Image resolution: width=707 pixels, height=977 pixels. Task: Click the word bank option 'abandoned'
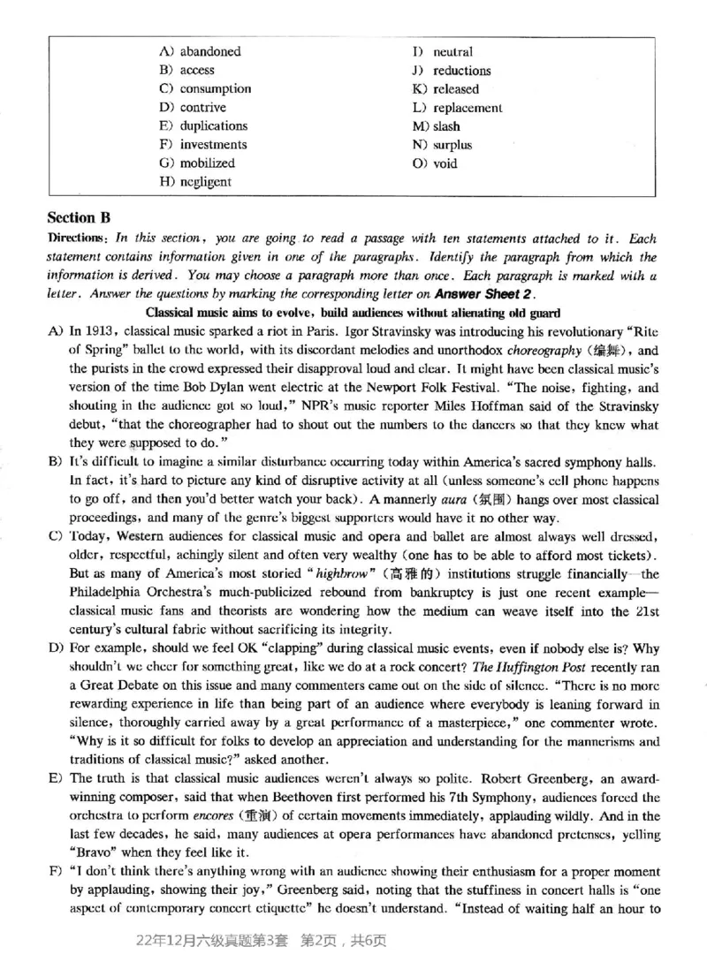click(210, 52)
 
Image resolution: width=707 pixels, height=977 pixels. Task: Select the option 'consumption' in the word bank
click(216, 89)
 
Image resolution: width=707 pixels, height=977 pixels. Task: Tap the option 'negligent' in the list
click(206, 182)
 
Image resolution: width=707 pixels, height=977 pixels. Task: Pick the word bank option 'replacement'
click(468, 108)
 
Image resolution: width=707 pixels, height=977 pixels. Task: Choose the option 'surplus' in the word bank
click(452, 145)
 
